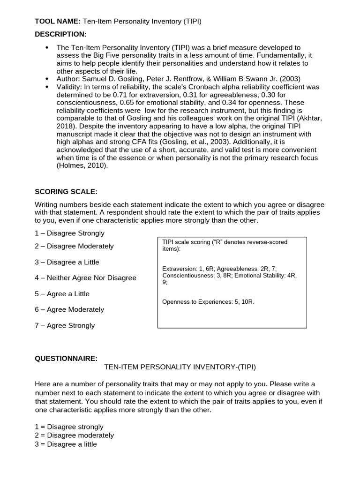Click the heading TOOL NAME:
coord(58,22)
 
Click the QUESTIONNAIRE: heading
coord(66,359)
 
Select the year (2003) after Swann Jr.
coord(290,79)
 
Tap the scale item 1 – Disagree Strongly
coord(69,233)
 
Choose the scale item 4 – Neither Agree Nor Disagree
coord(85,277)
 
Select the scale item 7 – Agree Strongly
coord(65,325)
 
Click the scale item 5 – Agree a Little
coord(62,294)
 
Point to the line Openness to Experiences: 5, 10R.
coord(208,301)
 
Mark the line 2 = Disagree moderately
coord(74,435)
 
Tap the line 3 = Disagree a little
coord(66,443)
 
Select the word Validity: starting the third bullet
coord(70,87)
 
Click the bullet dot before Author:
coord(47,79)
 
